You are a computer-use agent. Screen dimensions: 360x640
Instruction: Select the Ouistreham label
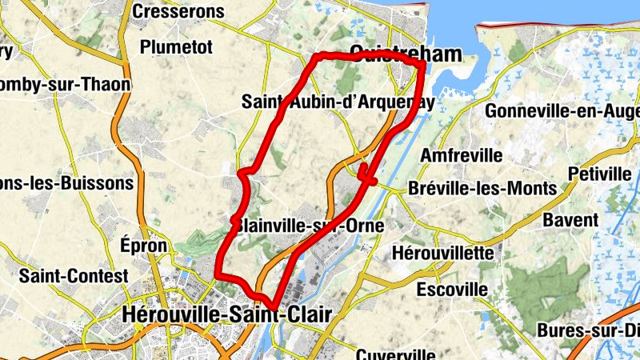point(395,54)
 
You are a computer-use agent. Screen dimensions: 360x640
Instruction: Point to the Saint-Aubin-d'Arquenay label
point(338,102)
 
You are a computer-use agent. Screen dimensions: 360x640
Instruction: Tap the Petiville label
point(599,174)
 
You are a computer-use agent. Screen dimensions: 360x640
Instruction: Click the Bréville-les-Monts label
point(482,189)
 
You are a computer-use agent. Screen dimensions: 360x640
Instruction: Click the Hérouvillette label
point(444,253)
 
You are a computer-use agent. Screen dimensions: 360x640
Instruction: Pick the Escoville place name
point(452,288)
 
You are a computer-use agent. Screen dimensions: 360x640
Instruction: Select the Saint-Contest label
point(74,276)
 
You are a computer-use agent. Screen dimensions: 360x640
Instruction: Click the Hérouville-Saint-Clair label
point(214,315)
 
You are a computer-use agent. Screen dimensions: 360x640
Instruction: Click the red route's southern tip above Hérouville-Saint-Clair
point(274,306)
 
